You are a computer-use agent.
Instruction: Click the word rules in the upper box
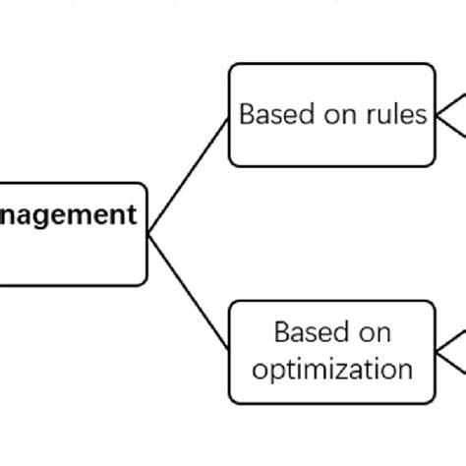point(398,115)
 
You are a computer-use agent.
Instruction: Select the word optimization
point(332,370)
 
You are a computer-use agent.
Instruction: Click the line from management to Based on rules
point(189,174)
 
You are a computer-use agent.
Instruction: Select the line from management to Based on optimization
point(189,292)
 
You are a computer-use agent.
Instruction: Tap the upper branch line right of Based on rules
point(451,100)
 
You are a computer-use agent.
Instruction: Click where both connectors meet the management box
point(148,234)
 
